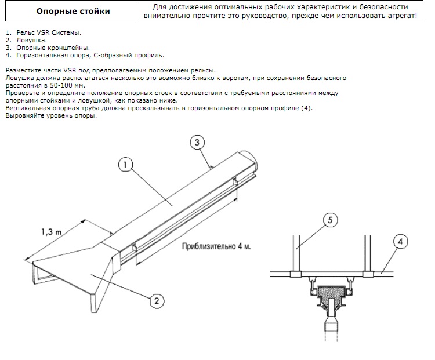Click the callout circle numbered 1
point(125,165)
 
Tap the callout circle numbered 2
point(157,301)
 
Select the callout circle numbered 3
point(197,142)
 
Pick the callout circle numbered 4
point(400,242)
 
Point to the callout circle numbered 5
point(330,220)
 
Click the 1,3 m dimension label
point(51,231)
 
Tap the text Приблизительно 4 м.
point(216,246)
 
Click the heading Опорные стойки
point(73,12)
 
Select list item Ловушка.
point(31,40)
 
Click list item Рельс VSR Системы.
point(49,32)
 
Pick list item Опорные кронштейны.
point(53,48)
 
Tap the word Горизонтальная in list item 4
point(42,55)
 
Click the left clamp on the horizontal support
point(296,274)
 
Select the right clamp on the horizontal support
point(368,274)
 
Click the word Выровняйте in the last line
point(23,116)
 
